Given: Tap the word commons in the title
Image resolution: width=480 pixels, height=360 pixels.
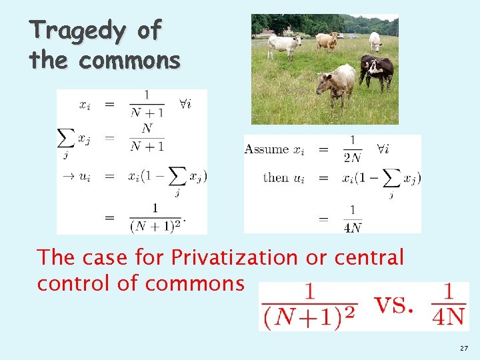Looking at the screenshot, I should click(129, 61).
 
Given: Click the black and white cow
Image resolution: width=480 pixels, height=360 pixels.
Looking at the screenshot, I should click(377, 70).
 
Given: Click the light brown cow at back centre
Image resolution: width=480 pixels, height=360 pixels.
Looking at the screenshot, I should click(327, 41).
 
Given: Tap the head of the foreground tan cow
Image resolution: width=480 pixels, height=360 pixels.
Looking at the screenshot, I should click(324, 85).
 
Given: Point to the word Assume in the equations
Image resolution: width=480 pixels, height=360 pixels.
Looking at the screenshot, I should click(266, 149).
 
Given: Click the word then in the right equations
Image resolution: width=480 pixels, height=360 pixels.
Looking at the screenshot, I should click(275, 178).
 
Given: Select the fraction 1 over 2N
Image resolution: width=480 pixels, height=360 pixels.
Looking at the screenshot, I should click(352, 150).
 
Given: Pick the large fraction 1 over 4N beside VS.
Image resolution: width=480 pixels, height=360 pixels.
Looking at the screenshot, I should click(447, 306).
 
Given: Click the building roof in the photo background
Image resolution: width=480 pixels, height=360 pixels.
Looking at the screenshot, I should click(269, 31).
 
